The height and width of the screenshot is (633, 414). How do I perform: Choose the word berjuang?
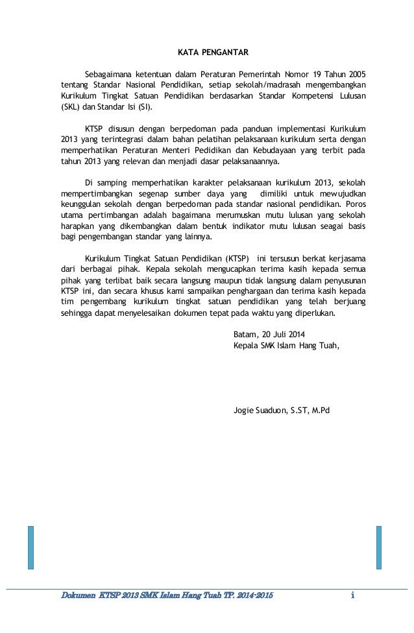click(x=348, y=302)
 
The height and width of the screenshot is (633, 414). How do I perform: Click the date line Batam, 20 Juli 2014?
click(x=268, y=333)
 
